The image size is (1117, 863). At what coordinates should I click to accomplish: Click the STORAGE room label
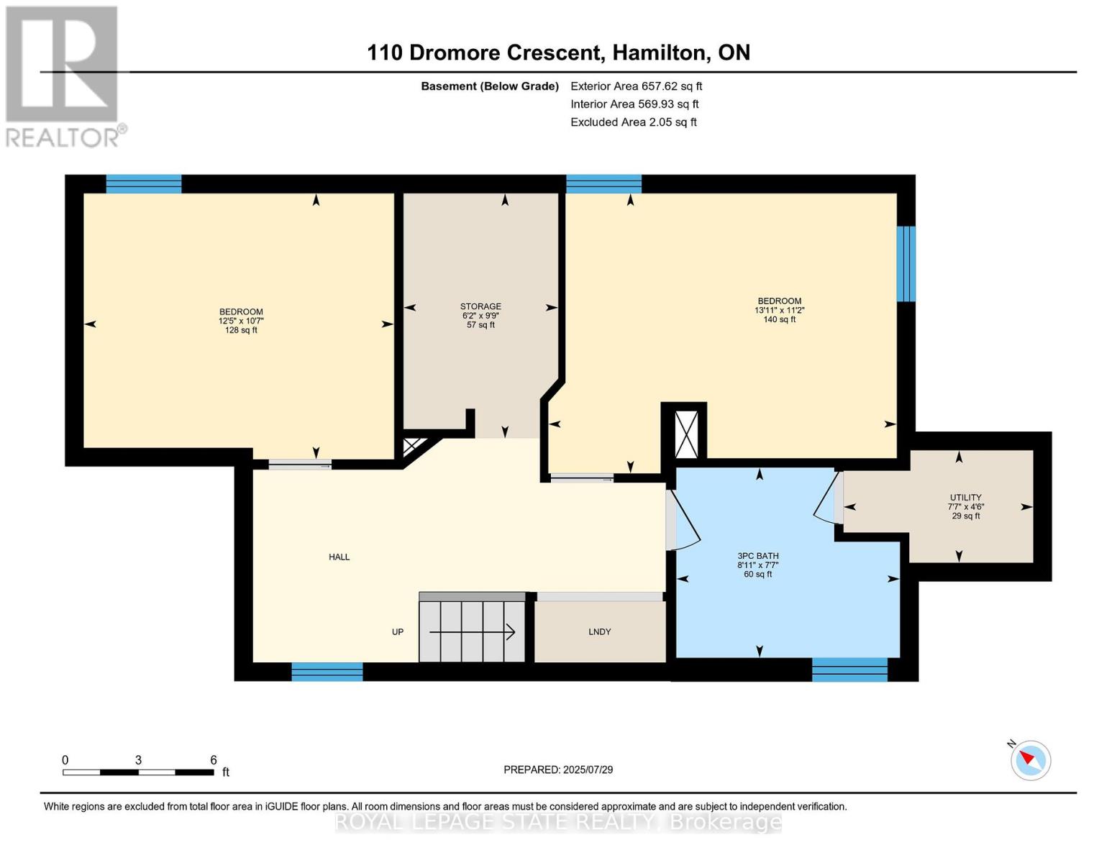pyautogui.click(x=480, y=306)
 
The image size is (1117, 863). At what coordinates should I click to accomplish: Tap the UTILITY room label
pyautogui.click(x=965, y=497)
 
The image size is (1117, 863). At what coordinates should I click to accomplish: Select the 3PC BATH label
pyautogui.click(x=757, y=556)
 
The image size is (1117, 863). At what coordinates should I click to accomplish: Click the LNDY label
pyautogui.click(x=599, y=631)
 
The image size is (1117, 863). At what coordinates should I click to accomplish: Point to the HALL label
pyautogui.click(x=339, y=557)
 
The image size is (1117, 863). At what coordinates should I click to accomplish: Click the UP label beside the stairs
pyautogui.click(x=397, y=631)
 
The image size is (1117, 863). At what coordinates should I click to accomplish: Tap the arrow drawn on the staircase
pyautogui.click(x=472, y=631)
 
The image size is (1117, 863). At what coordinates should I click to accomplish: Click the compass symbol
pyautogui.click(x=1030, y=761)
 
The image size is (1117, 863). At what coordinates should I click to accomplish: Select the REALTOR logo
pyautogui.click(x=64, y=77)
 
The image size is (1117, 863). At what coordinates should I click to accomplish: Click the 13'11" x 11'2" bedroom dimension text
pyautogui.click(x=779, y=311)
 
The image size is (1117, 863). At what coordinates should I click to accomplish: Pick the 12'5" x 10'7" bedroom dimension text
pyautogui.click(x=241, y=321)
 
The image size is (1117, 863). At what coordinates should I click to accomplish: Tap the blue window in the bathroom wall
pyautogui.click(x=849, y=670)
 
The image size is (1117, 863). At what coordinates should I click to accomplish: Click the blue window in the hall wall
pyautogui.click(x=327, y=671)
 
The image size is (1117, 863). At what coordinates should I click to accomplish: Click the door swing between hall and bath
pyautogui.click(x=684, y=520)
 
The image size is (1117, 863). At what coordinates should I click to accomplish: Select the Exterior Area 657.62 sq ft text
pyautogui.click(x=636, y=86)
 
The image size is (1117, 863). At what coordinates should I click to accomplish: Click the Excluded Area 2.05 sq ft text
pyautogui.click(x=633, y=122)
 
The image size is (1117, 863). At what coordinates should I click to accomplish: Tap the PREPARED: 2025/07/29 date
pyautogui.click(x=558, y=770)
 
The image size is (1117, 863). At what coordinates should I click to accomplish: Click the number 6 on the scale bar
pyautogui.click(x=214, y=759)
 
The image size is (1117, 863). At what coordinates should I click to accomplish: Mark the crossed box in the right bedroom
pyautogui.click(x=686, y=434)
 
